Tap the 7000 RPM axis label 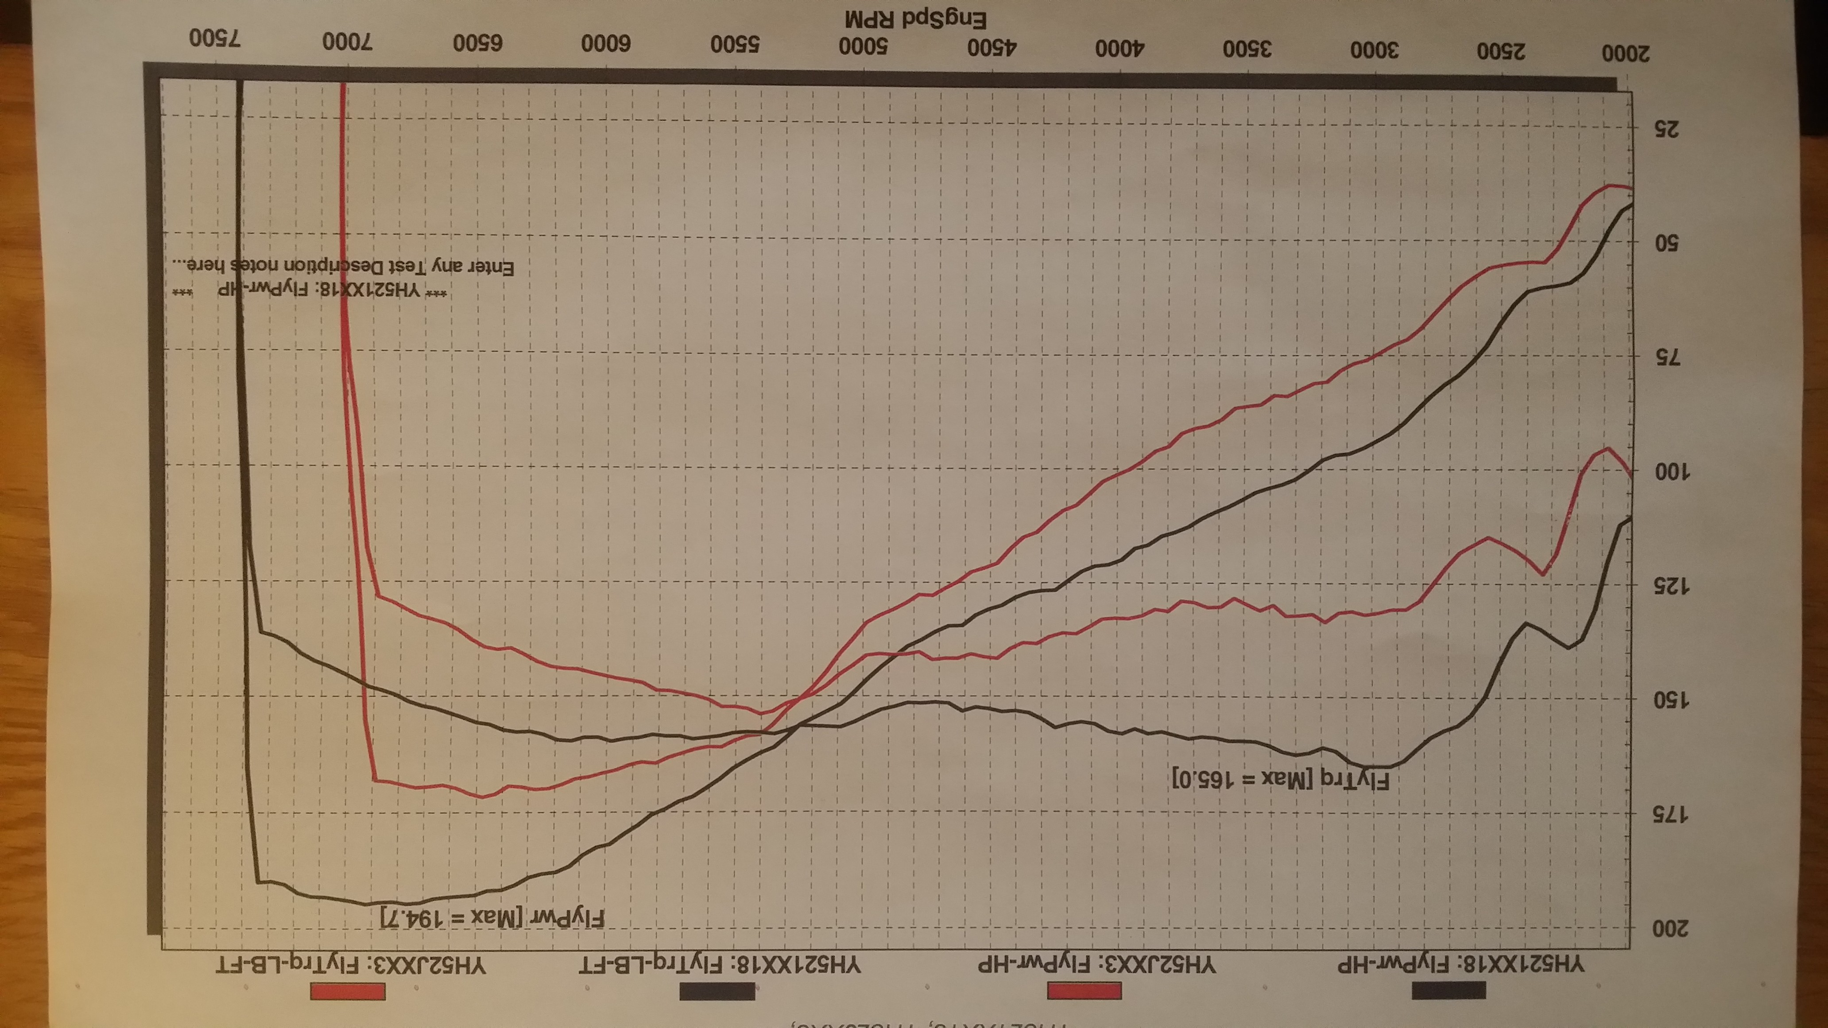[x=347, y=41]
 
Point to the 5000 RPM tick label [x=864, y=46]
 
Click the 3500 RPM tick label [x=1246, y=49]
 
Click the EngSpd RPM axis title [x=915, y=19]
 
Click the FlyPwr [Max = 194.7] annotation [x=492, y=917]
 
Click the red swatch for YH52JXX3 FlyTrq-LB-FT [x=348, y=991]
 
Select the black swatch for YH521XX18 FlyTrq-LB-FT [x=717, y=991]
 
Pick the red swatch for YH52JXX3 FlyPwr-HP [x=1084, y=990]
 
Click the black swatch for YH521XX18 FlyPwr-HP [x=1448, y=989]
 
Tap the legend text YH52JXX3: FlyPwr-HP [x=1096, y=965]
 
